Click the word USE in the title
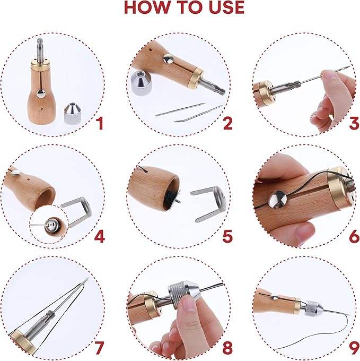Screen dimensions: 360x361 click(x=226, y=7)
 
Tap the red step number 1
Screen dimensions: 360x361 click(x=100, y=123)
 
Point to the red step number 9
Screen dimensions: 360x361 click(x=354, y=349)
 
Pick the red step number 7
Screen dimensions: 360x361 click(x=99, y=348)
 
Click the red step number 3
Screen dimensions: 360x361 click(x=354, y=123)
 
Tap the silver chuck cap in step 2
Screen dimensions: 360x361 click(x=141, y=83)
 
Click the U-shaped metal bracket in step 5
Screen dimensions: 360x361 click(x=208, y=204)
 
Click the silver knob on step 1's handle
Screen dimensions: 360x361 click(x=41, y=94)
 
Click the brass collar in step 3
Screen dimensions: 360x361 click(x=265, y=93)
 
